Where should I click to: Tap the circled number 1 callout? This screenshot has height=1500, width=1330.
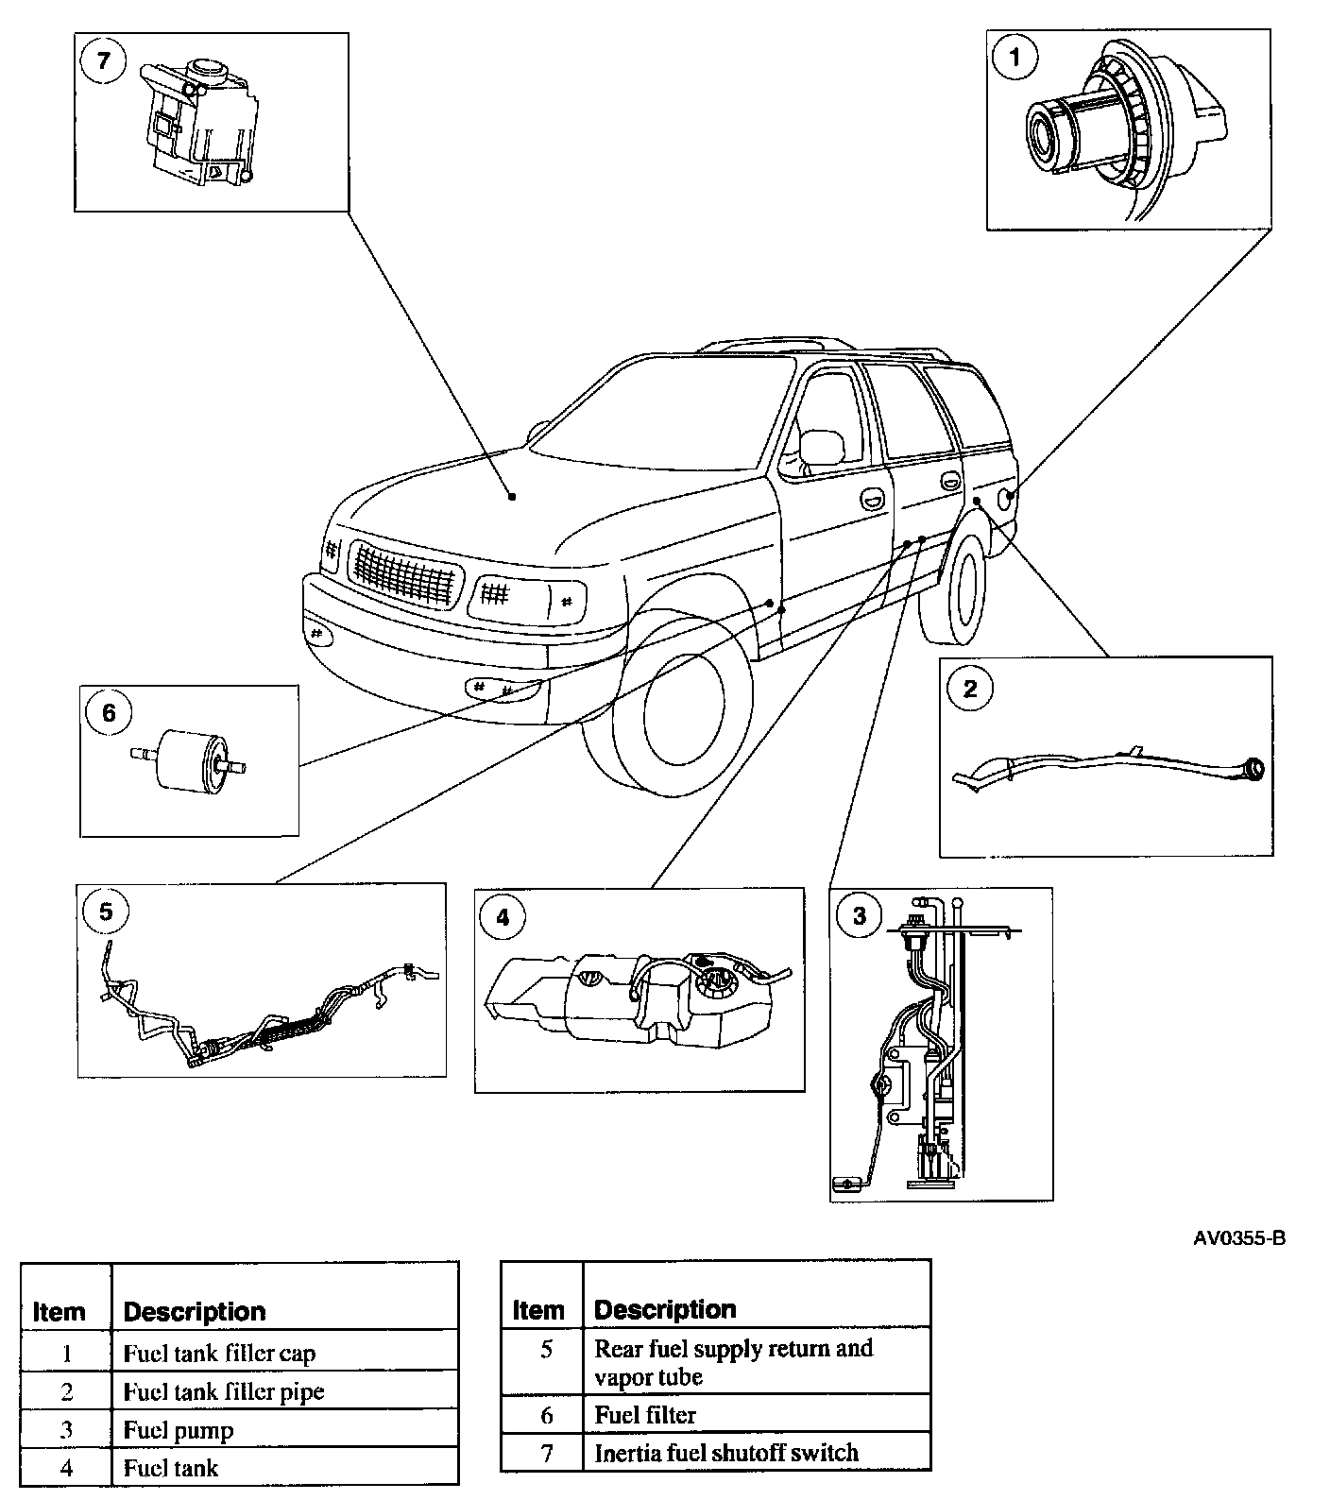click(x=1015, y=59)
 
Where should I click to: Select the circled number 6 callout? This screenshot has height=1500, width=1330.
click(x=108, y=713)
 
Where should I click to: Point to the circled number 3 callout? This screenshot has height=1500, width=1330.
click(x=859, y=916)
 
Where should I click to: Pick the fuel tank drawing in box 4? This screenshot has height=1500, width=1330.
click(x=633, y=1002)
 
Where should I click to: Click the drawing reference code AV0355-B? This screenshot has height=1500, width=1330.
click(x=1239, y=1238)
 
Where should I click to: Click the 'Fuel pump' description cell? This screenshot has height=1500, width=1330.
click(x=179, y=1430)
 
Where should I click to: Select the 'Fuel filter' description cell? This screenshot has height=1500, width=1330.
click(x=645, y=1415)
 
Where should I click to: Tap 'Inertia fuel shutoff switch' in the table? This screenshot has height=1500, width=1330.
click(x=726, y=1453)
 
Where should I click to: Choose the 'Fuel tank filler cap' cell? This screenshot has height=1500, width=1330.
click(x=219, y=1354)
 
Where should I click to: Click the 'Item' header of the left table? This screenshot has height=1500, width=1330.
click(x=60, y=1312)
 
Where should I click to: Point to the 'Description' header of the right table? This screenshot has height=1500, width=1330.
click(x=665, y=1309)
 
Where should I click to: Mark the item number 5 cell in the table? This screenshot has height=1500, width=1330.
click(x=546, y=1350)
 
